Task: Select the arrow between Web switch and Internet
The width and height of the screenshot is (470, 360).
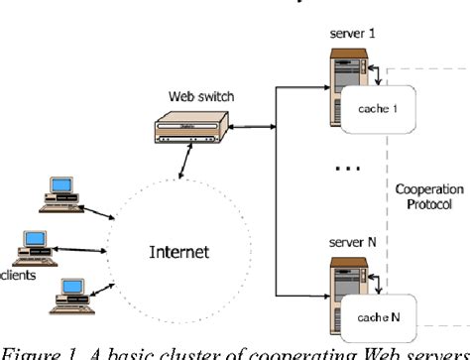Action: coord(179,164)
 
